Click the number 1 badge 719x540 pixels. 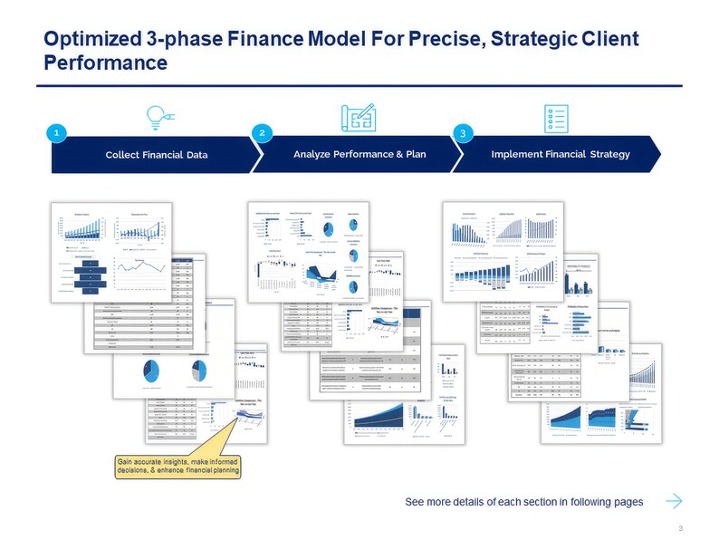56,133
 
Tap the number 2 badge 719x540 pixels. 261,133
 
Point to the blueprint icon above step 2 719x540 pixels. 359,116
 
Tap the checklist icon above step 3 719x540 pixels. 558,117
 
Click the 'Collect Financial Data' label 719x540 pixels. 157,155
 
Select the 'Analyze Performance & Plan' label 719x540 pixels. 359,154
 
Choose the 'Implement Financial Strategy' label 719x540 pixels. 560,154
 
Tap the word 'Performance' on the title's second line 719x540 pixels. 105,63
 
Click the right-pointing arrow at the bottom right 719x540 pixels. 673,501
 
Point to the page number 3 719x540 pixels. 679,527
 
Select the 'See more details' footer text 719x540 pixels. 523,502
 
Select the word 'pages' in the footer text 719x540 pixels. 626,502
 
